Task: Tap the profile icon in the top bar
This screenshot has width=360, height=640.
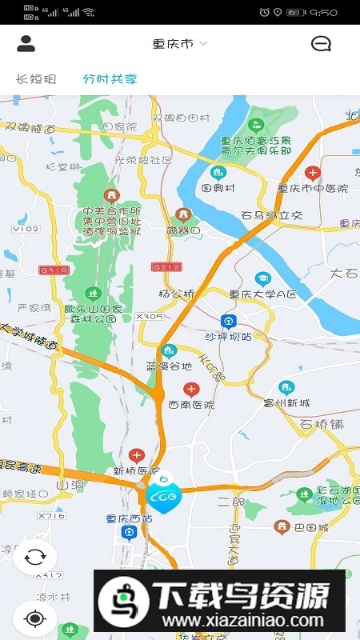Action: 26,44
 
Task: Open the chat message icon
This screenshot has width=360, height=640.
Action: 321,44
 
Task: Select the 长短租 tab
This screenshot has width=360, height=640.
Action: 36,79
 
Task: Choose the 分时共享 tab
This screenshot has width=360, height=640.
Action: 110,79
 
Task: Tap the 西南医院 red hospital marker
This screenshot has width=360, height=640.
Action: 191,390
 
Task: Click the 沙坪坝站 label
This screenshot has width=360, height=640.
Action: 229,336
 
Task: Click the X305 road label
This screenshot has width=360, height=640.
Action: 150,317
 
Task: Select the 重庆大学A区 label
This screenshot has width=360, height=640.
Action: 262,294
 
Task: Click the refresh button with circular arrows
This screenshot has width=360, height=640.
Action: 34,557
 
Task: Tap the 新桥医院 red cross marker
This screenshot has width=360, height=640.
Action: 136,455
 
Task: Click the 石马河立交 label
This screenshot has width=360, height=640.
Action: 272,215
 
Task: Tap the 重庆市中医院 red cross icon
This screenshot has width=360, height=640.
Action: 313,173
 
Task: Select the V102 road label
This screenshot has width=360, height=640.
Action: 26,229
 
